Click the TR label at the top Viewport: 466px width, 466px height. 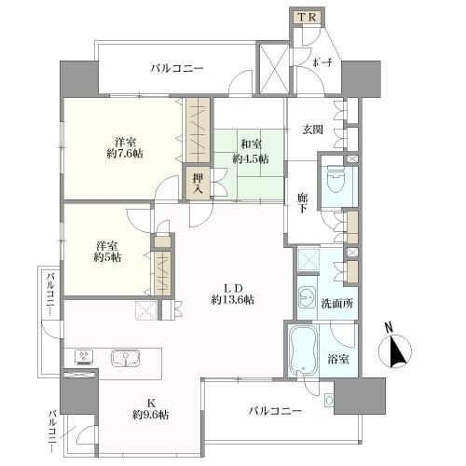coord(308,18)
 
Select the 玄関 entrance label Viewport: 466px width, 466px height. coord(313,130)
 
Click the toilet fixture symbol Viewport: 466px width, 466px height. coord(335,180)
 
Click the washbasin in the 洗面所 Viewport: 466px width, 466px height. coord(308,296)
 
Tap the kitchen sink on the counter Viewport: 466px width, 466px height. coord(126,358)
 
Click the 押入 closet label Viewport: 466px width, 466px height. coord(198,184)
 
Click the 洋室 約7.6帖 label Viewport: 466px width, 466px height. coord(125,148)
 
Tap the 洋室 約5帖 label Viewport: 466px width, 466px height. coord(107,252)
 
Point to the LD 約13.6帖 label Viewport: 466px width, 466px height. coord(233,294)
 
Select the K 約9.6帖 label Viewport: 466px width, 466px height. coord(151,409)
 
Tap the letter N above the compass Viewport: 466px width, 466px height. coord(389,328)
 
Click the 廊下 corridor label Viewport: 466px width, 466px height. coord(302,203)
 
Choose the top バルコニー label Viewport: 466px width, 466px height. coord(177,68)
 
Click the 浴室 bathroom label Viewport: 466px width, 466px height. coord(338,359)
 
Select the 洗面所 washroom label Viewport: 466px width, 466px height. coord(337,303)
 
